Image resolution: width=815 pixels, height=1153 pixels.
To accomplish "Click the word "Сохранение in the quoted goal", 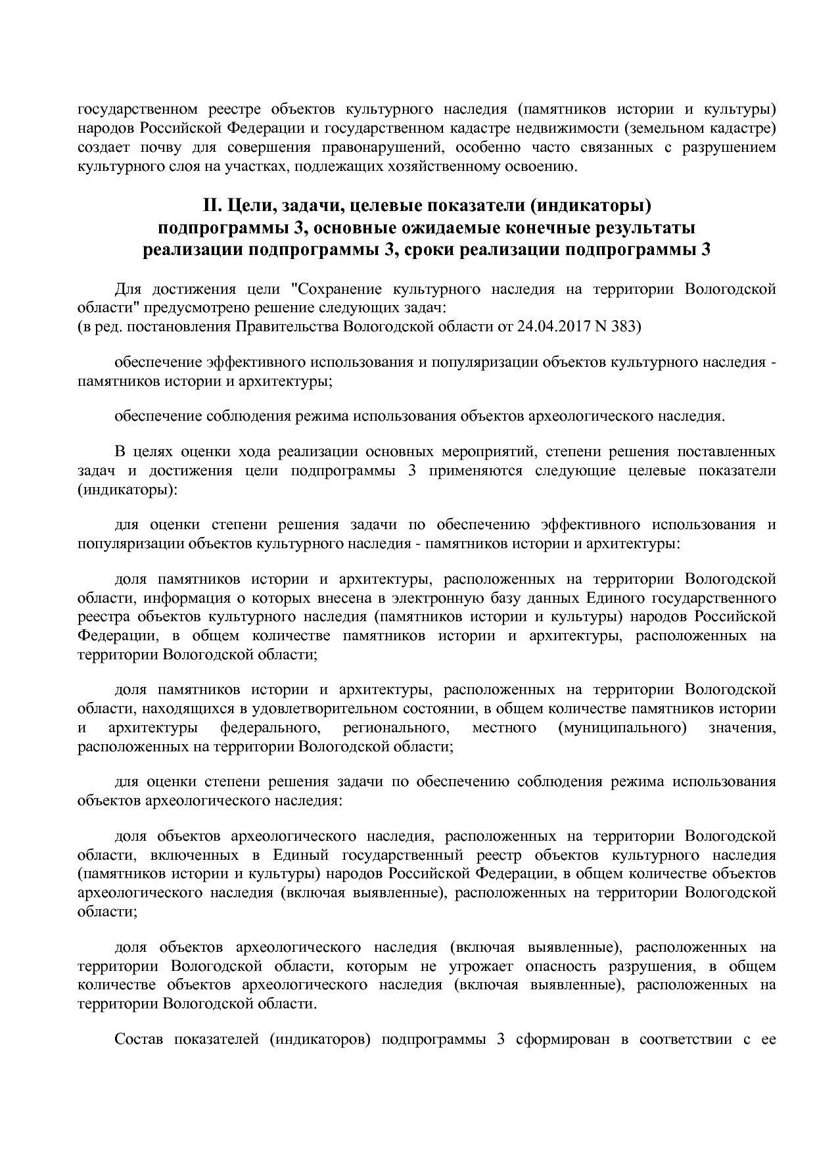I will [x=337, y=289].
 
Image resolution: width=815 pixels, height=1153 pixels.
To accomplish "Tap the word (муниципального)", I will [x=622, y=728].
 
